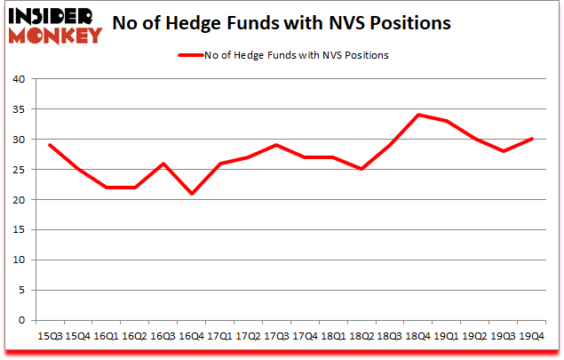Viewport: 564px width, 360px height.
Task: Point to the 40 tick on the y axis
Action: pyautogui.click(x=18, y=79)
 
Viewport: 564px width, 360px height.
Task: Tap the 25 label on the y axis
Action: pyautogui.click(x=18, y=170)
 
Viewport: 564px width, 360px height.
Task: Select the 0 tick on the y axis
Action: pyautogui.click(x=20, y=320)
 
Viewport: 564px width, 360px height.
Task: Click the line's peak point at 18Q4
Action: pyautogui.click(x=418, y=115)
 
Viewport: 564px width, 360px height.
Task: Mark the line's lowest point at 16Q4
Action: pyautogui.click(x=192, y=193)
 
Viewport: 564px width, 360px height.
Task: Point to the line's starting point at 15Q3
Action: pyautogui.click(x=50, y=145)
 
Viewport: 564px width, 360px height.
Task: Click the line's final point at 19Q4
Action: pyautogui.click(x=531, y=139)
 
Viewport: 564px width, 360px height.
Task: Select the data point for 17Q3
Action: pyautogui.click(x=276, y=145)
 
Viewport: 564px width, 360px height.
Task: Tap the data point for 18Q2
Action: pyautogui.click(x=361, y=169)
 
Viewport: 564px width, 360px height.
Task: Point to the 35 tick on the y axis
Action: pyautogui.click(x=18, y=109)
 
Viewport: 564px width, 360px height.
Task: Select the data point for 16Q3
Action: pyautogui.click(x=163, y=163)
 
